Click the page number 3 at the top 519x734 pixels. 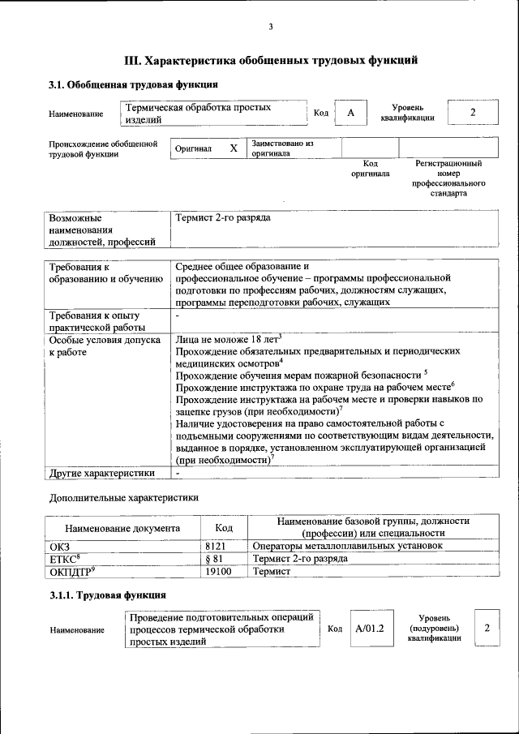[271, 28]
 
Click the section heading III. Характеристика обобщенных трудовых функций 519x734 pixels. [271, 60]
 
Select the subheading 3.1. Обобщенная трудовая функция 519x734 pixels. [133, 84]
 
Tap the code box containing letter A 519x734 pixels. [351, 113]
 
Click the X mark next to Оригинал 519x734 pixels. [234, 148]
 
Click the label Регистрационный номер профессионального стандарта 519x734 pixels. [448, 178]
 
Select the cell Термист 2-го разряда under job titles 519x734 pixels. [223, 218]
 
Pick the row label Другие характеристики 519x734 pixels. [101, 473]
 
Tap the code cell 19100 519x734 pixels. [219, 572]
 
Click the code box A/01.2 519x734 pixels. [369, 629]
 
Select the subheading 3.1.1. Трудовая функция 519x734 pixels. [108, 596]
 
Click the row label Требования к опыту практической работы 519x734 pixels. [95, 320]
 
